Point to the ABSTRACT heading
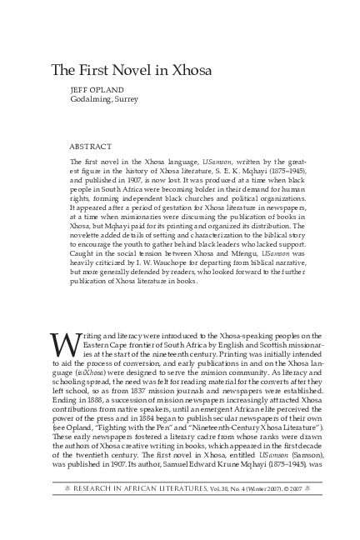pos(91,146)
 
